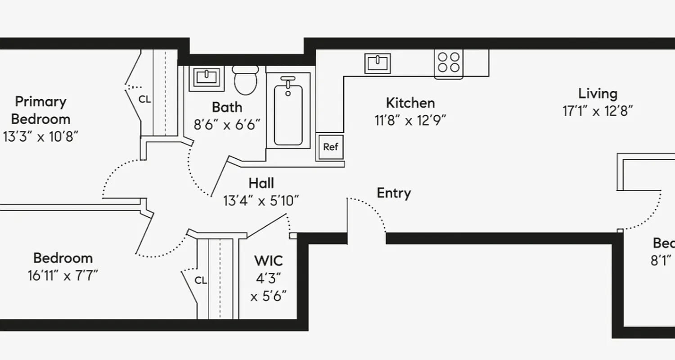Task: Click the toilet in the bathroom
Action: [x=246, y=81]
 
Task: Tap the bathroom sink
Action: [x=209, y=78]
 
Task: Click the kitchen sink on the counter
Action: [x=378, y=63]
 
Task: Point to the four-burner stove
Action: [x=449, y=63]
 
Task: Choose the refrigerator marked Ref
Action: [x=331, y=147]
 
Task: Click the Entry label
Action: [x=394, y=193]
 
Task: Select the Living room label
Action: [x=598, y=94]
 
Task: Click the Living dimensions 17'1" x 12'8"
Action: [x=598, y=111]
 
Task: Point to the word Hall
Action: [x=261, y=183]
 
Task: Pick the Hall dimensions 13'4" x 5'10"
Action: [x=261, y=201]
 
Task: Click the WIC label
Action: [x=269, y=261]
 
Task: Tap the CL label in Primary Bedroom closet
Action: [x=145, y=100]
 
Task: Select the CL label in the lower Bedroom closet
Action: [x=201, y=280]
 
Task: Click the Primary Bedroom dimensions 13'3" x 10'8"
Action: [x=41, y=137]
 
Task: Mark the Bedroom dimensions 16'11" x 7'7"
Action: [x=63, y=275]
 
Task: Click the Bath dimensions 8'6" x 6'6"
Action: [x=227, y=125]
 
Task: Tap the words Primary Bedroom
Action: [x=41, y=110]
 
